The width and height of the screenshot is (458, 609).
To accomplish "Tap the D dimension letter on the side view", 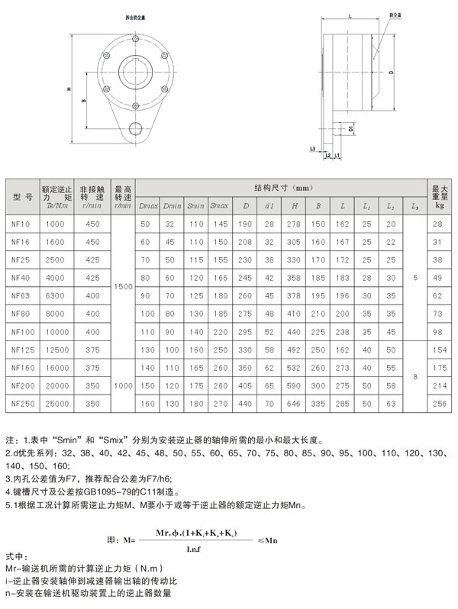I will [390, 73].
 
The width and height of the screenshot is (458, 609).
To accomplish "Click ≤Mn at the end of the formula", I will [267, 540].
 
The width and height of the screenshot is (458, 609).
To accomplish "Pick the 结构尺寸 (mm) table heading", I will [283, 187].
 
